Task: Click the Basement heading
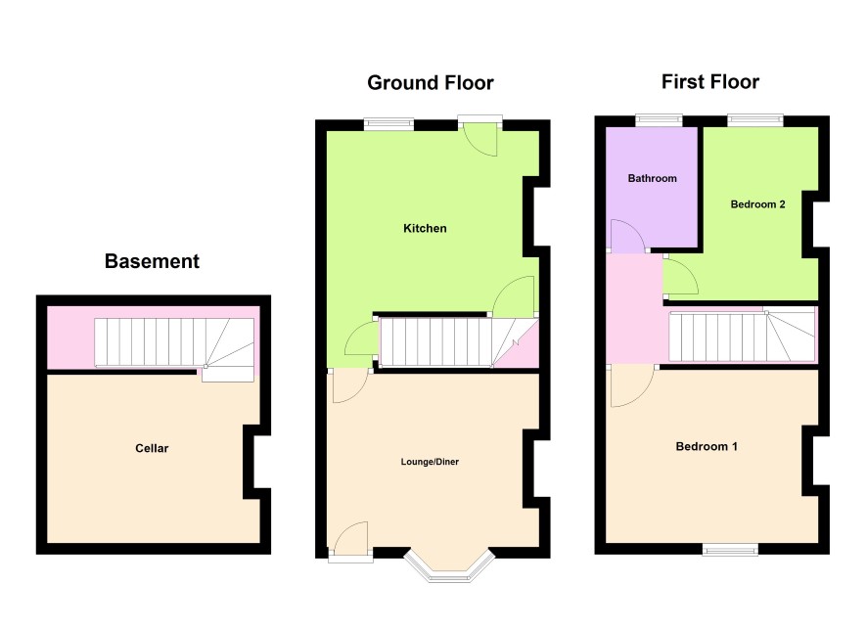click(x=152, y=261)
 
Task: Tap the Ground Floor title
click(x=431, y=83)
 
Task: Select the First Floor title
click(x=710, y=82)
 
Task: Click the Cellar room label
click(x=152, y=448)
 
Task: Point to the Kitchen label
click(x=425, y=228)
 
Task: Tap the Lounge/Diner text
click(x=430, y=462)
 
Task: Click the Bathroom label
click(x=653, y=178)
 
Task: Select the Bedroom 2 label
click(x=757, y=204)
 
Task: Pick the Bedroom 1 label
click(x=707, y=446)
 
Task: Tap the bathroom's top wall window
click(x=659, y=120)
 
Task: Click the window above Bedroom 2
click(x=755, y=120)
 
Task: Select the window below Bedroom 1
click(x=730, y=549)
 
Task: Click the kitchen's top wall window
click(x=388, y=124)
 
